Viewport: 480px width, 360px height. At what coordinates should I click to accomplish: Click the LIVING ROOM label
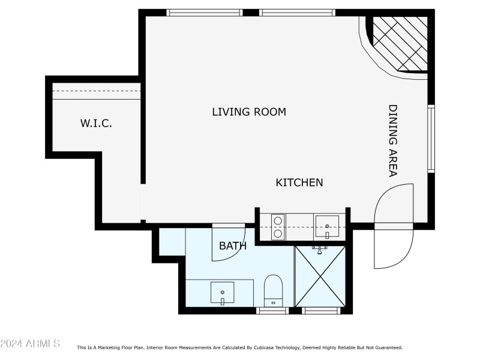point(249,112)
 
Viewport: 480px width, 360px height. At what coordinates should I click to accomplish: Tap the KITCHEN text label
point(299,182)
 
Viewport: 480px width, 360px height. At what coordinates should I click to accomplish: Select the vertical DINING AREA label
point(393,141)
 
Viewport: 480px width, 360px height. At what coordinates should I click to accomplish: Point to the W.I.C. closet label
point(97,124)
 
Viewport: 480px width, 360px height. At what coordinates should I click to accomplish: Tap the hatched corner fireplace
point(400,43)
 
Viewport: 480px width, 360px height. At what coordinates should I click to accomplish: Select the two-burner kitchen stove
point(278,227)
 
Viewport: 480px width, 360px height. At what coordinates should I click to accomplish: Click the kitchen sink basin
point(327,226)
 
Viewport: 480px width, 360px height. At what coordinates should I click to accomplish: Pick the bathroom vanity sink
point(223,292)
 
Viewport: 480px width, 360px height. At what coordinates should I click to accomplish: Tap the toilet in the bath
point(274,290)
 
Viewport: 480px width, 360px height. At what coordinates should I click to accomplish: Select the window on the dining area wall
point(431,139)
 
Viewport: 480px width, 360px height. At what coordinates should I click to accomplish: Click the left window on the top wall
point(204,12)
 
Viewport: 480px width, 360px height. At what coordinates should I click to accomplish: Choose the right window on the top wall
point(297,12)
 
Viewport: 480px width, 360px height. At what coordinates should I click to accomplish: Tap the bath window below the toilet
point(273,311)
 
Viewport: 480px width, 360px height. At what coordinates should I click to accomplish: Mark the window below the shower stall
point(321,311)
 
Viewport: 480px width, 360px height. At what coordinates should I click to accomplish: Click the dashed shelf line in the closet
point(97,91)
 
